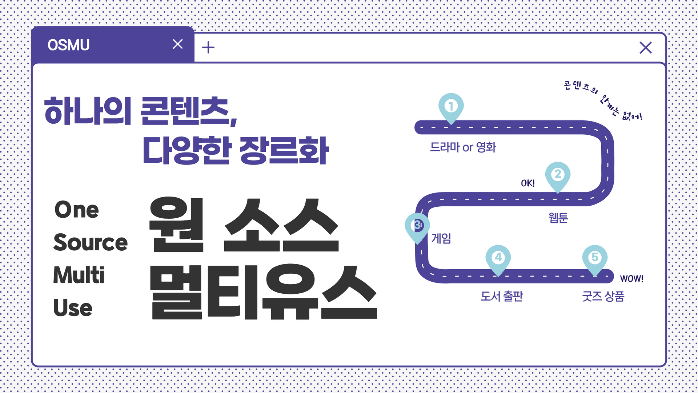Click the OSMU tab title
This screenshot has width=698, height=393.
tap(68, 45)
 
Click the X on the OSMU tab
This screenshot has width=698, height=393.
tap(178, 44)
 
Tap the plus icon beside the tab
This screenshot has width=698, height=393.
tap(208, 47)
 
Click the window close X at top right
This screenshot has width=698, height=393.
tap(646, 48)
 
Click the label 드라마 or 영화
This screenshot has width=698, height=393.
tap(463, 147)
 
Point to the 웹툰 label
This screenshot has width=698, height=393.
tap(558, 218)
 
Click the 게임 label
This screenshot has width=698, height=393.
tap(441, 238)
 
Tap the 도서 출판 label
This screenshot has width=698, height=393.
tap(502, 296)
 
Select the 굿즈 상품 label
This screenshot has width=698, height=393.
tap(603, 296)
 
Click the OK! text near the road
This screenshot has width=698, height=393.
tap(528, 183)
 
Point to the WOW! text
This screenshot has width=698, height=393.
tap(632, 279)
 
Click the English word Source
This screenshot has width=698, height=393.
tap(91, 242)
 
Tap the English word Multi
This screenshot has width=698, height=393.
tap(79, 275)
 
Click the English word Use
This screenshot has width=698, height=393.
tap(73, 308)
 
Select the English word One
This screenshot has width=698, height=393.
tap(77, 210)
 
